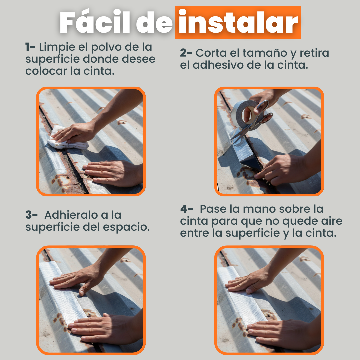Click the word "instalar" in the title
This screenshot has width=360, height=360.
click(x=238, y=23)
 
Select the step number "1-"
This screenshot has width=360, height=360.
click(x=30, y=47)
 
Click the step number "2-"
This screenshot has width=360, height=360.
click(x=186, y=53)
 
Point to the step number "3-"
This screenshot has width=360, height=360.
click(x=31, y=215)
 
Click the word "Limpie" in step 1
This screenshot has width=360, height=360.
click(x=57, y=47)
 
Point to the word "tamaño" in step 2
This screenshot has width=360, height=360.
click(x=265, y=53)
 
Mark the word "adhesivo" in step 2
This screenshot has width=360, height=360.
click(x=218, y=65)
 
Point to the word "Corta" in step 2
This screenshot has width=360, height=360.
click(x=211, y=53)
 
